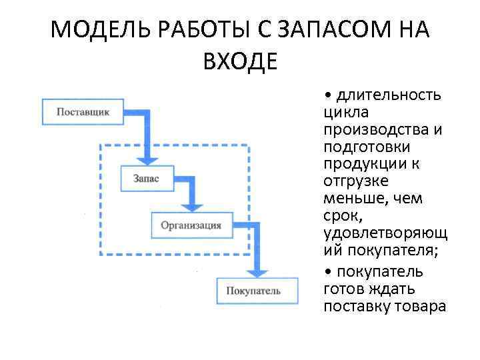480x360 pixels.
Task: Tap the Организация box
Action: click(x=191, y=225)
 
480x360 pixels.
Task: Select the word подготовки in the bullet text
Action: click(x=367, y=147)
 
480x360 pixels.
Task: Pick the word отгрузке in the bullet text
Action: click(x=357, y=181)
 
